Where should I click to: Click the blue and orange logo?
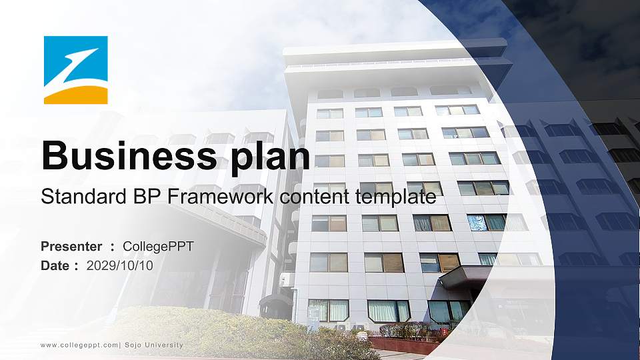tap(76, 70)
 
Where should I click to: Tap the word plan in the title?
tap(267, 157)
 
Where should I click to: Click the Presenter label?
tap(71, 247)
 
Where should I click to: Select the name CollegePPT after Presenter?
tap(159, 247)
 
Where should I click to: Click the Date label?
tap(55, 265)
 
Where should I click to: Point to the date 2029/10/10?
tap(120, 265)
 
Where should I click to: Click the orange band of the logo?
tap(76, 97)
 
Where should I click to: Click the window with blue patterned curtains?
tap(477, 222)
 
